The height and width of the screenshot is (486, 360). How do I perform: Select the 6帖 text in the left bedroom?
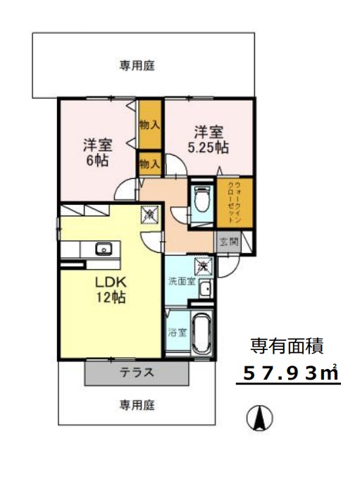tap(97, 161)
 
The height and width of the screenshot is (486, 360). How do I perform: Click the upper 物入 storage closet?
tap(149, 125)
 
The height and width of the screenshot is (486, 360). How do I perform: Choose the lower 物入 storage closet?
tap(149, 164)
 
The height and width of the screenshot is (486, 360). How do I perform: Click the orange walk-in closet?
tap(229, 204)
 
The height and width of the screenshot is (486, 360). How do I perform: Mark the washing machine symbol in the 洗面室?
tap(202, 266)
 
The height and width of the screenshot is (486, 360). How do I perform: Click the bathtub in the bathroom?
tap(202, 334)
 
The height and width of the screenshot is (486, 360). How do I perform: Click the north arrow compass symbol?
tap(260, 419)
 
